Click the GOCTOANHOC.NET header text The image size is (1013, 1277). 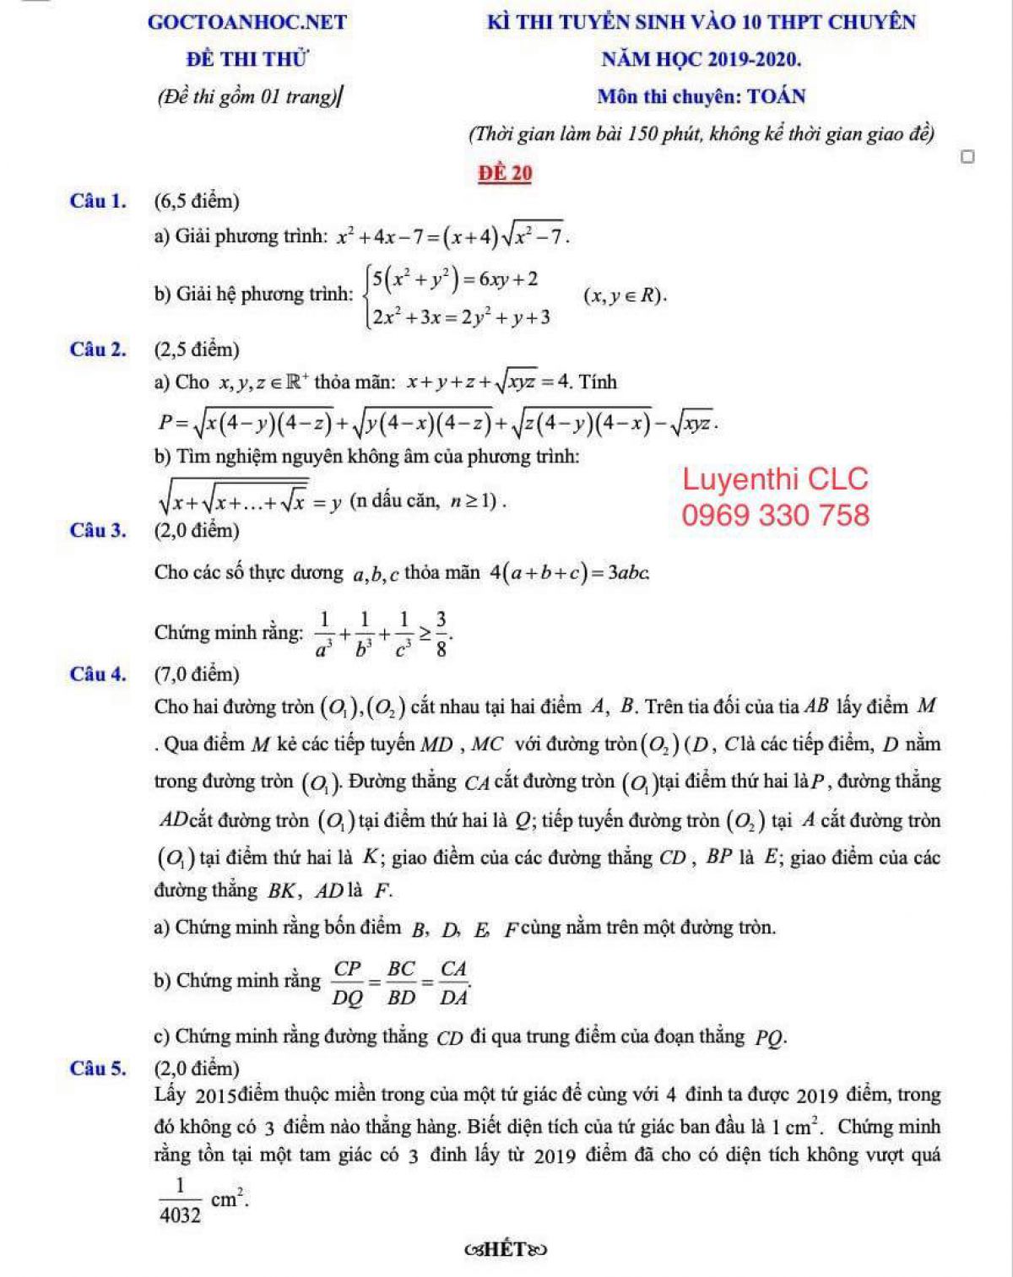click(246, 22)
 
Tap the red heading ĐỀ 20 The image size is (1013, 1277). click(505, 173)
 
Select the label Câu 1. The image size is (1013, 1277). click(99, 201)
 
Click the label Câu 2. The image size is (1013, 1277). click(99, 349)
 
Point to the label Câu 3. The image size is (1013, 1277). click(99, 530)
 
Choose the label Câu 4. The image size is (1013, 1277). click(99, 674)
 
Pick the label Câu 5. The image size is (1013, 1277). click(99, 1068)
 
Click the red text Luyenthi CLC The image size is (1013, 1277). click(775, 479)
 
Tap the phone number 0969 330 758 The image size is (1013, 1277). click(775, 515)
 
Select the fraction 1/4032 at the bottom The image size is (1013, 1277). click(180, 1200)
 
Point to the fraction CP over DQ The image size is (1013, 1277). click(347, 982)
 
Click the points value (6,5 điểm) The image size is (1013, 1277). click(198, 201)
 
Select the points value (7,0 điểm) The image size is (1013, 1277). click(198, 674)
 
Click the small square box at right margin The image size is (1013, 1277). click(968, 157)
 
